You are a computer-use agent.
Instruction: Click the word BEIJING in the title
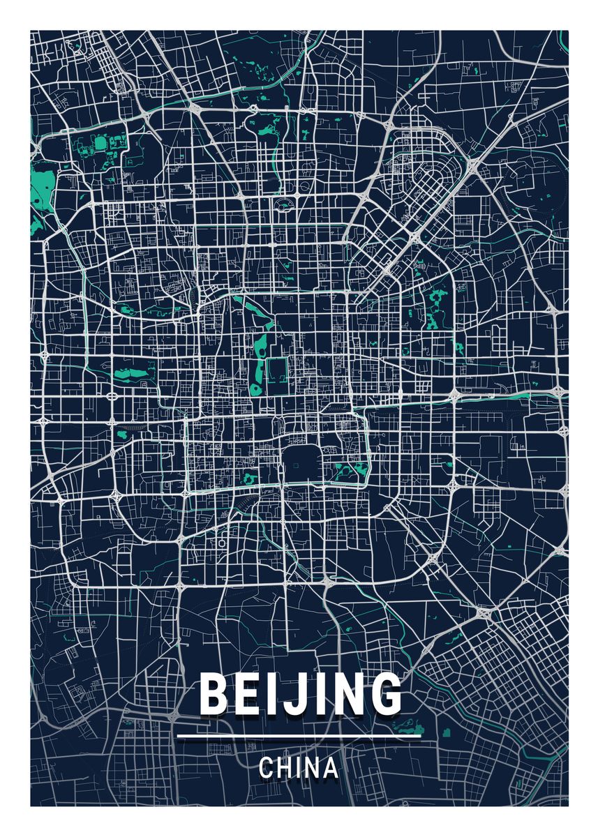coord(299,694)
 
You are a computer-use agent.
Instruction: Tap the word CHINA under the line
coord(299,768)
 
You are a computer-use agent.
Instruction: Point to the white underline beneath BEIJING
coord(299,735)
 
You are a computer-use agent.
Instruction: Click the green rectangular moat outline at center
coord(278,370)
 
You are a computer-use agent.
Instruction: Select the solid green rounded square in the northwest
coord(99,144)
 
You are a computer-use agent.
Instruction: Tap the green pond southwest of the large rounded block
coord(249,478)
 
